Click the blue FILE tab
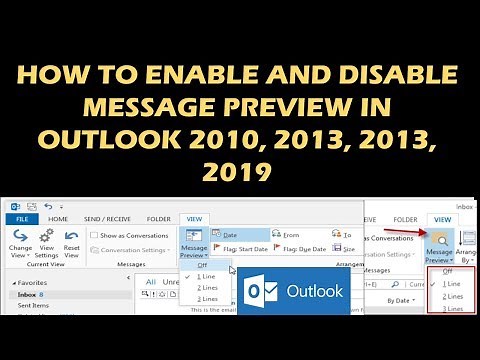click(22, 219)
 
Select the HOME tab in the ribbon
click(58, 219)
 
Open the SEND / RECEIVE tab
click(106, 219)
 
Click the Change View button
click(20, 242)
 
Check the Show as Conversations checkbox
click(93, 235)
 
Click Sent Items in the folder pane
click(31, 307)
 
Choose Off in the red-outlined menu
click(447, 272)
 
